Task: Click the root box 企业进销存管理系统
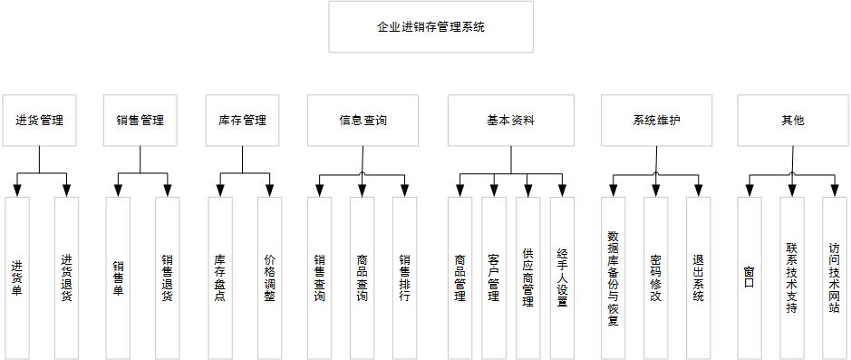point(430,27)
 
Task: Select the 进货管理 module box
point(39,120)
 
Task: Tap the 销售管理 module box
point(140,120)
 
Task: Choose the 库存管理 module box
point(242,120)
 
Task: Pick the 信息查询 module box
point(363,120)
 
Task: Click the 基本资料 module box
point(510,120)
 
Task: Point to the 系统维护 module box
point(656,120)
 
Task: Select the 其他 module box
point(792,120)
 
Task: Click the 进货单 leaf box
point(17,277)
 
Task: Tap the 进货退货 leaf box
point(66,277)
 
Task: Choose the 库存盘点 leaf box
point(220,277)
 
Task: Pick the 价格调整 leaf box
point(269,277)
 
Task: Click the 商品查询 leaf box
point(362,277)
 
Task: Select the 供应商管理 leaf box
point(527,277)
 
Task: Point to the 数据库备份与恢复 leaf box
point(614,277)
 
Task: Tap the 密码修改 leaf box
point(655,277)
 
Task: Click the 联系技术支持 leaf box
point(791,277)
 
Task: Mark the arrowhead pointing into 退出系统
point(698,190)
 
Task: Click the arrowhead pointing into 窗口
point(749,190)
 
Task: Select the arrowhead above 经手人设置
point(562,190)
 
